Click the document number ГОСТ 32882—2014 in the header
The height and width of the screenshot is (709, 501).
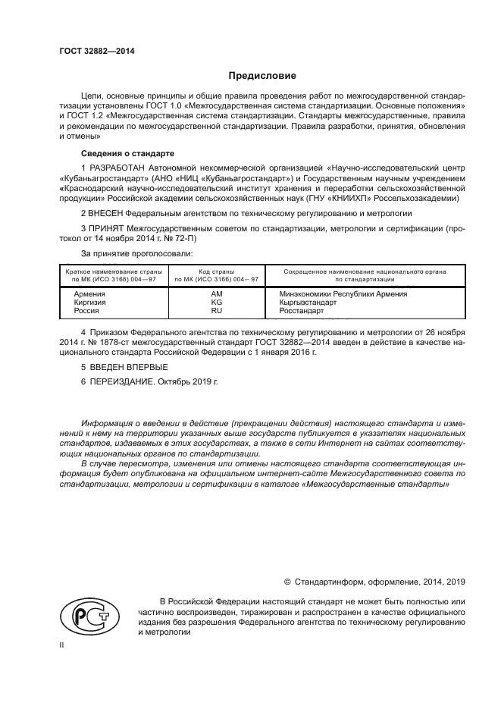pos(92,52)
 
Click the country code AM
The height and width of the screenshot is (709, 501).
pos(216,293)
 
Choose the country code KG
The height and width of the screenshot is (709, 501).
pos(216,302)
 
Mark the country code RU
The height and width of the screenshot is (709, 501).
pos(216,310)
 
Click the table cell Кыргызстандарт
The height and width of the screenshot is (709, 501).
pos(308,302)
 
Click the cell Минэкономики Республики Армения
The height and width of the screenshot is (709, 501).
pos(343,293)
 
